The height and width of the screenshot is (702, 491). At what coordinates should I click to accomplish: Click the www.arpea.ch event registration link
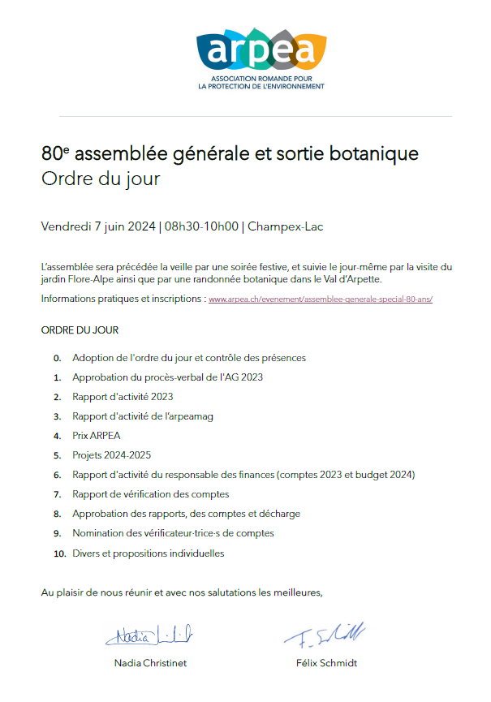coord(321,299)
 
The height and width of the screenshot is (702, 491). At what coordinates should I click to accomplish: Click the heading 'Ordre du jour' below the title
coord(100,179)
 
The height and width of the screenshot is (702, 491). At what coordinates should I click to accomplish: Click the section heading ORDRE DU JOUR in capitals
coord(80,331)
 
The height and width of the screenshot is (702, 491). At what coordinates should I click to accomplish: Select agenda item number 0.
coord(57,358)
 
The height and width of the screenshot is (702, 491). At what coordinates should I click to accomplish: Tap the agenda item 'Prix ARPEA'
coord(96,436)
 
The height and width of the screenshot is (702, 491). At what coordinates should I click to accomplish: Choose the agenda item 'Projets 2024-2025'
coord(111,455)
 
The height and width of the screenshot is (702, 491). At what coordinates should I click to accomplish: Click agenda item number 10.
coord(58,553)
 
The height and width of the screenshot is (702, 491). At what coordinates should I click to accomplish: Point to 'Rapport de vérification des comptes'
coord(150,494)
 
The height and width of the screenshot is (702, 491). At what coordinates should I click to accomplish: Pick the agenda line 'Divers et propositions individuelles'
coord(148,553)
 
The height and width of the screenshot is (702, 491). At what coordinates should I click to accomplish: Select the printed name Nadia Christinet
coord(150,663)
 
